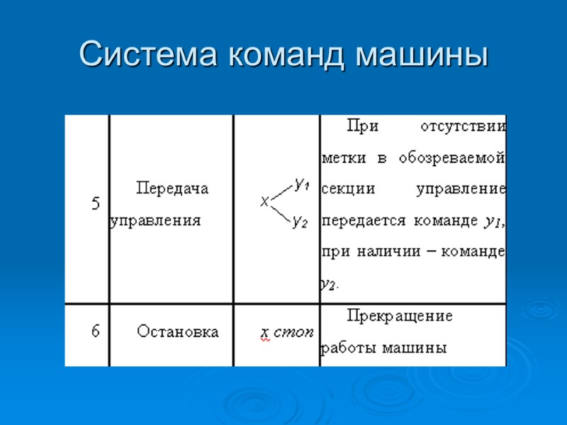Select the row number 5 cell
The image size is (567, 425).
point(96,204)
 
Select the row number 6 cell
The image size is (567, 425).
point(96,331)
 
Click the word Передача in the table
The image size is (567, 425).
point(172,188)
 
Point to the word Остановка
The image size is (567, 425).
point(178,331)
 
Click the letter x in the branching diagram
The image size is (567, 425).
point(264,202)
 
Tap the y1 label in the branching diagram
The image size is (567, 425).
point(302,184)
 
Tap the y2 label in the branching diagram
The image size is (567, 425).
point(300,222)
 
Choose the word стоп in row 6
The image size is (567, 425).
point(293,332)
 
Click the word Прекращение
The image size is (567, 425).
point(400,316)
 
